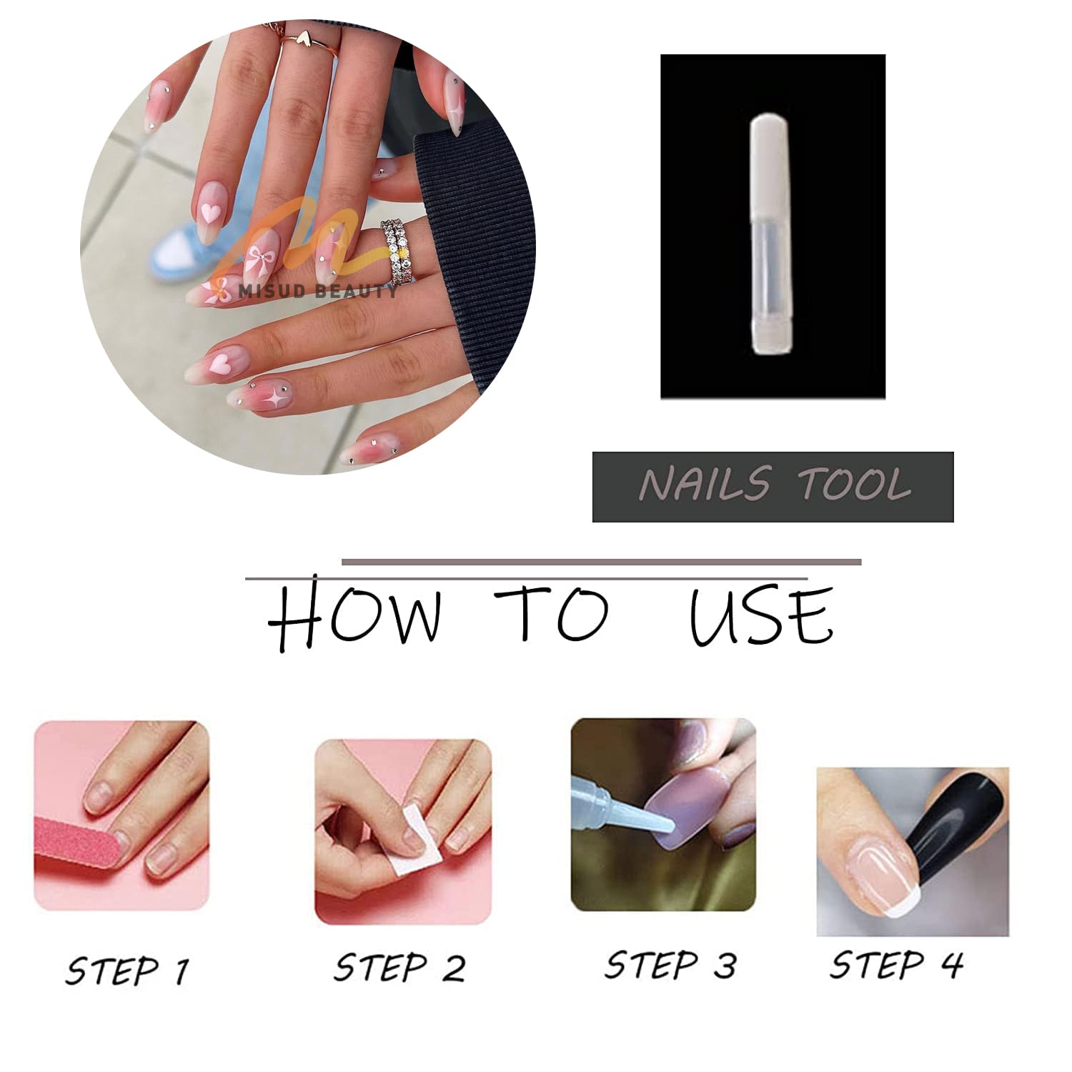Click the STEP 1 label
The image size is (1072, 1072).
coord(127,971)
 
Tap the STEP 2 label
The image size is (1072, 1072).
coord(399,968)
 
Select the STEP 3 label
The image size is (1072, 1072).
coord(670,965)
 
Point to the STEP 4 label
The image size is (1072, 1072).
coord(896,965)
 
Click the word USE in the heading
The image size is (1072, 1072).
coord(761,616)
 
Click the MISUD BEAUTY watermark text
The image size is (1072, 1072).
coord(318,291)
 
